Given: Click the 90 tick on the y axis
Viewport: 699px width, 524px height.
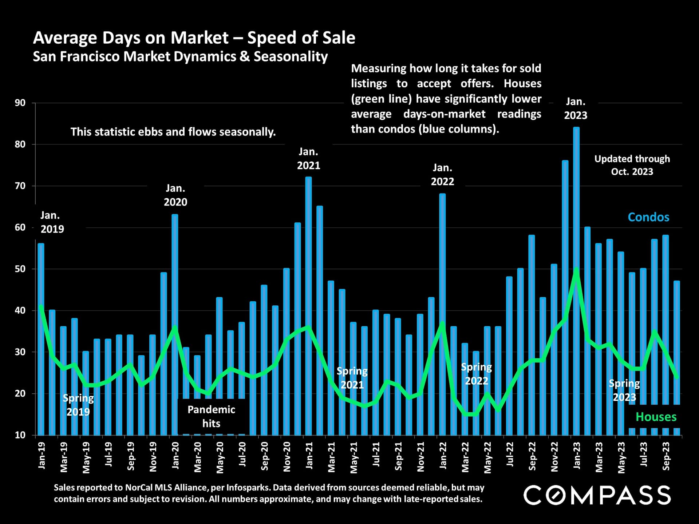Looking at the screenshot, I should point(20,103).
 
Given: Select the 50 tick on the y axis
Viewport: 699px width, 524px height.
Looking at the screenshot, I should point(20,269).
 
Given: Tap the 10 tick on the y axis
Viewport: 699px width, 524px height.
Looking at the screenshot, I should point(20,435).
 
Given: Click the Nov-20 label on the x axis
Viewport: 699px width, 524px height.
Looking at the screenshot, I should point(287,457).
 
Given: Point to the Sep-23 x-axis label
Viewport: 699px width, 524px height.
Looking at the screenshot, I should point(666,456).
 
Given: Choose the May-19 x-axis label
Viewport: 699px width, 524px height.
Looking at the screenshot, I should point(86,458).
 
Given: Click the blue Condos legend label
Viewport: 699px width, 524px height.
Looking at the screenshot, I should point(648,217).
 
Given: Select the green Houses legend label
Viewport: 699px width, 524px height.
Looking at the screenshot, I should point(656,417).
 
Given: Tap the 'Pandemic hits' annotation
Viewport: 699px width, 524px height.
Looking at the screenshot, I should point(211,416).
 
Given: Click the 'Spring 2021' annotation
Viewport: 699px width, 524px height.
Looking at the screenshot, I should point(352,378).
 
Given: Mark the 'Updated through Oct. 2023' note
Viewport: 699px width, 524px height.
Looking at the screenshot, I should point(632,165).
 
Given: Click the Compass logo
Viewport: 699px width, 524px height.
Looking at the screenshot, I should point(597,495).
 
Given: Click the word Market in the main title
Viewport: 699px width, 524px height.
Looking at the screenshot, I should point(200,38).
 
